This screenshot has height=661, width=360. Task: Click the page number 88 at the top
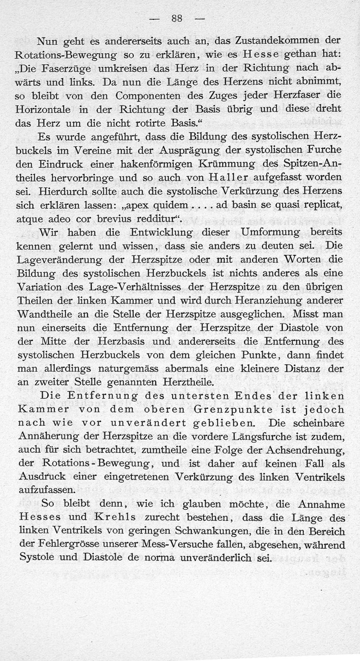pyautogui.click(x=176, y=18)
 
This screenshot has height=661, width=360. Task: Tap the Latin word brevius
pyautogui.click(x=110, y=219)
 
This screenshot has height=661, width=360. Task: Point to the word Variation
pyautogui.click(x=39, y=287)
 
